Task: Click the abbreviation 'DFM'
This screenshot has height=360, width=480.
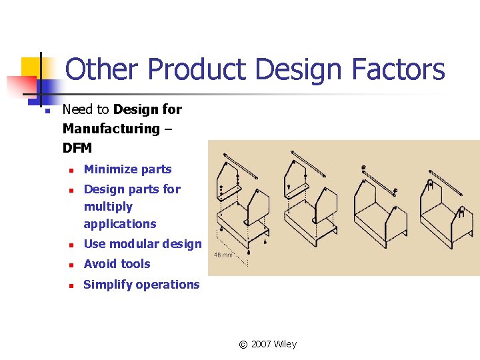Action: click(77, 147)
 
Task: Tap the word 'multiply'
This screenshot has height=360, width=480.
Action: click(108, 207)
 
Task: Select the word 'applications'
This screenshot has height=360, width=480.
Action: click(120, 224)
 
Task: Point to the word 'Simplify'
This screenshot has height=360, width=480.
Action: click(107, 285)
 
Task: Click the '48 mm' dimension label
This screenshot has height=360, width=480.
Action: click(223, 255)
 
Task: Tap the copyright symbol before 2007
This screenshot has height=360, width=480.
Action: click(243, 345)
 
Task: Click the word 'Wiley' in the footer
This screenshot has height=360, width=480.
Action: click(285, 344)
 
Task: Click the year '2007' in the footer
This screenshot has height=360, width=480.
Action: click(261, 344)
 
